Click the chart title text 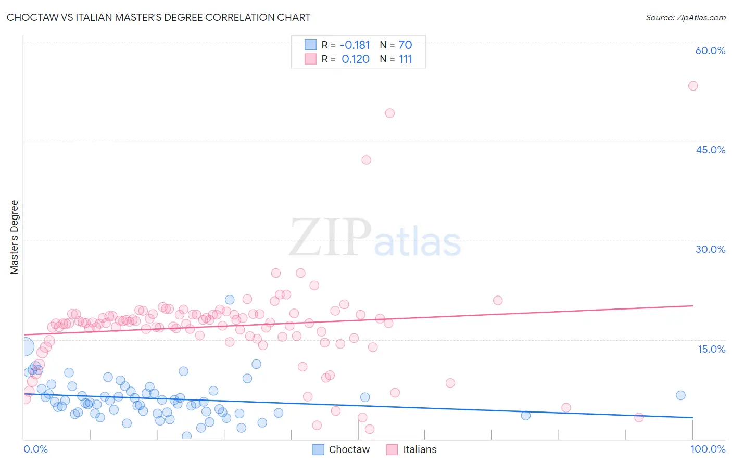pyautogui.click(x=158, y=17)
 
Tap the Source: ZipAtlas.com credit pyautogui.click(x=685, y=17)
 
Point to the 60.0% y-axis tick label pyautogui.click(x=710, y=50)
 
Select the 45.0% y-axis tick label pyautogui.click(x=710, y=150)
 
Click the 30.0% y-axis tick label pyautogui.click(x=710, y=249)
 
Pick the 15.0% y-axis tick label pyautogui.click(x=711, y=349)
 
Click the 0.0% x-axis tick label pyautogui.click(x=35, y=449)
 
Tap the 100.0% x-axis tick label pyautogui.click(x=708, y=449)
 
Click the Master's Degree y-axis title pyautogui.click(x=14, y=237)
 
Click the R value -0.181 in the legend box pyautogui.click(x=355, y=45)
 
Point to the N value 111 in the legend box pyautogui.click(x=406, y=59)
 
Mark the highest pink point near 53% pyautogui.click(x=692, y=86)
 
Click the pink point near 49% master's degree pyautogui.click(x=389, y=113)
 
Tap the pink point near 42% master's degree pyautogui.click(x=366, y=160)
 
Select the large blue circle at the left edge pyautogui.click(x=24, y=346)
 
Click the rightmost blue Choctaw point pyautogui.click(x=680, y=395)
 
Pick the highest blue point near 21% pyautogui.click(x=230, y=300)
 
